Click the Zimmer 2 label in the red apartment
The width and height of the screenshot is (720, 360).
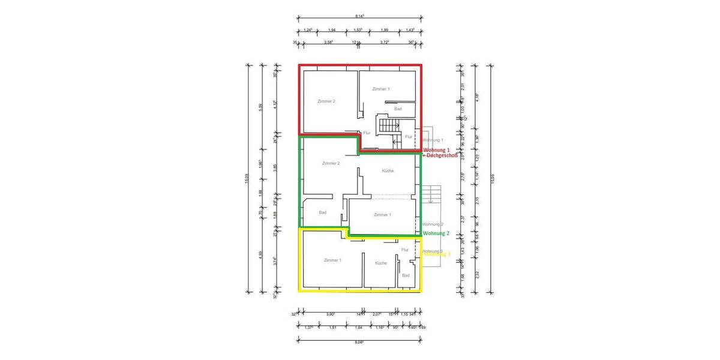pyautogui.click(x=326, y=101)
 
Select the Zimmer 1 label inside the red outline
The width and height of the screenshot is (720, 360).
pyautogui.click(x=381, y=89)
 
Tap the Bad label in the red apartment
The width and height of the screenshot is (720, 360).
pyautogui.click(x=398, y=109)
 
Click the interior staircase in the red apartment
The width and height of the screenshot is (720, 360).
pyautogui.click(x=388, y=125)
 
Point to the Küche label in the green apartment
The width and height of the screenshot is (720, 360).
pyautogui.click(x=388, y=171)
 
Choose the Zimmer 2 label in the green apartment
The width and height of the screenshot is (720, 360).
pyautogui.click(x=331, y=163)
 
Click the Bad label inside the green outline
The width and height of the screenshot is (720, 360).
pyautogui.click(x=323, y=212)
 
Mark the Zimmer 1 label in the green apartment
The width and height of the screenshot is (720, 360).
pyautogui.click(x=382, y=214)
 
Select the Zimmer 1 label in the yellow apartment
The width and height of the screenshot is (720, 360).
pyautogui.click(x=332, y=260)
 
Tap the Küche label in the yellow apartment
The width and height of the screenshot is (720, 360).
pyautogui.click(x=381, y=263)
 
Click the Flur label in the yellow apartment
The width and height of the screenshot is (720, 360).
pyautogui.click(x=404, y=250)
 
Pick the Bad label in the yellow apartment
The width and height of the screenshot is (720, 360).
pyautogui.click(x=406, y=275)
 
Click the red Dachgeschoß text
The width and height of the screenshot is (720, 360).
pyautogui.click(x=442, y=155)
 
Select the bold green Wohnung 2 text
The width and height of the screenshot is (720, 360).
pyautogui.click(x=436, y=233)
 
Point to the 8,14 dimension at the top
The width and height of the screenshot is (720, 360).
pyautogui.click(x=359, y=25)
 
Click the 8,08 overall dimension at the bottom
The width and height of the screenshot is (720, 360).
pyautogui.click(x=359, y=343)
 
